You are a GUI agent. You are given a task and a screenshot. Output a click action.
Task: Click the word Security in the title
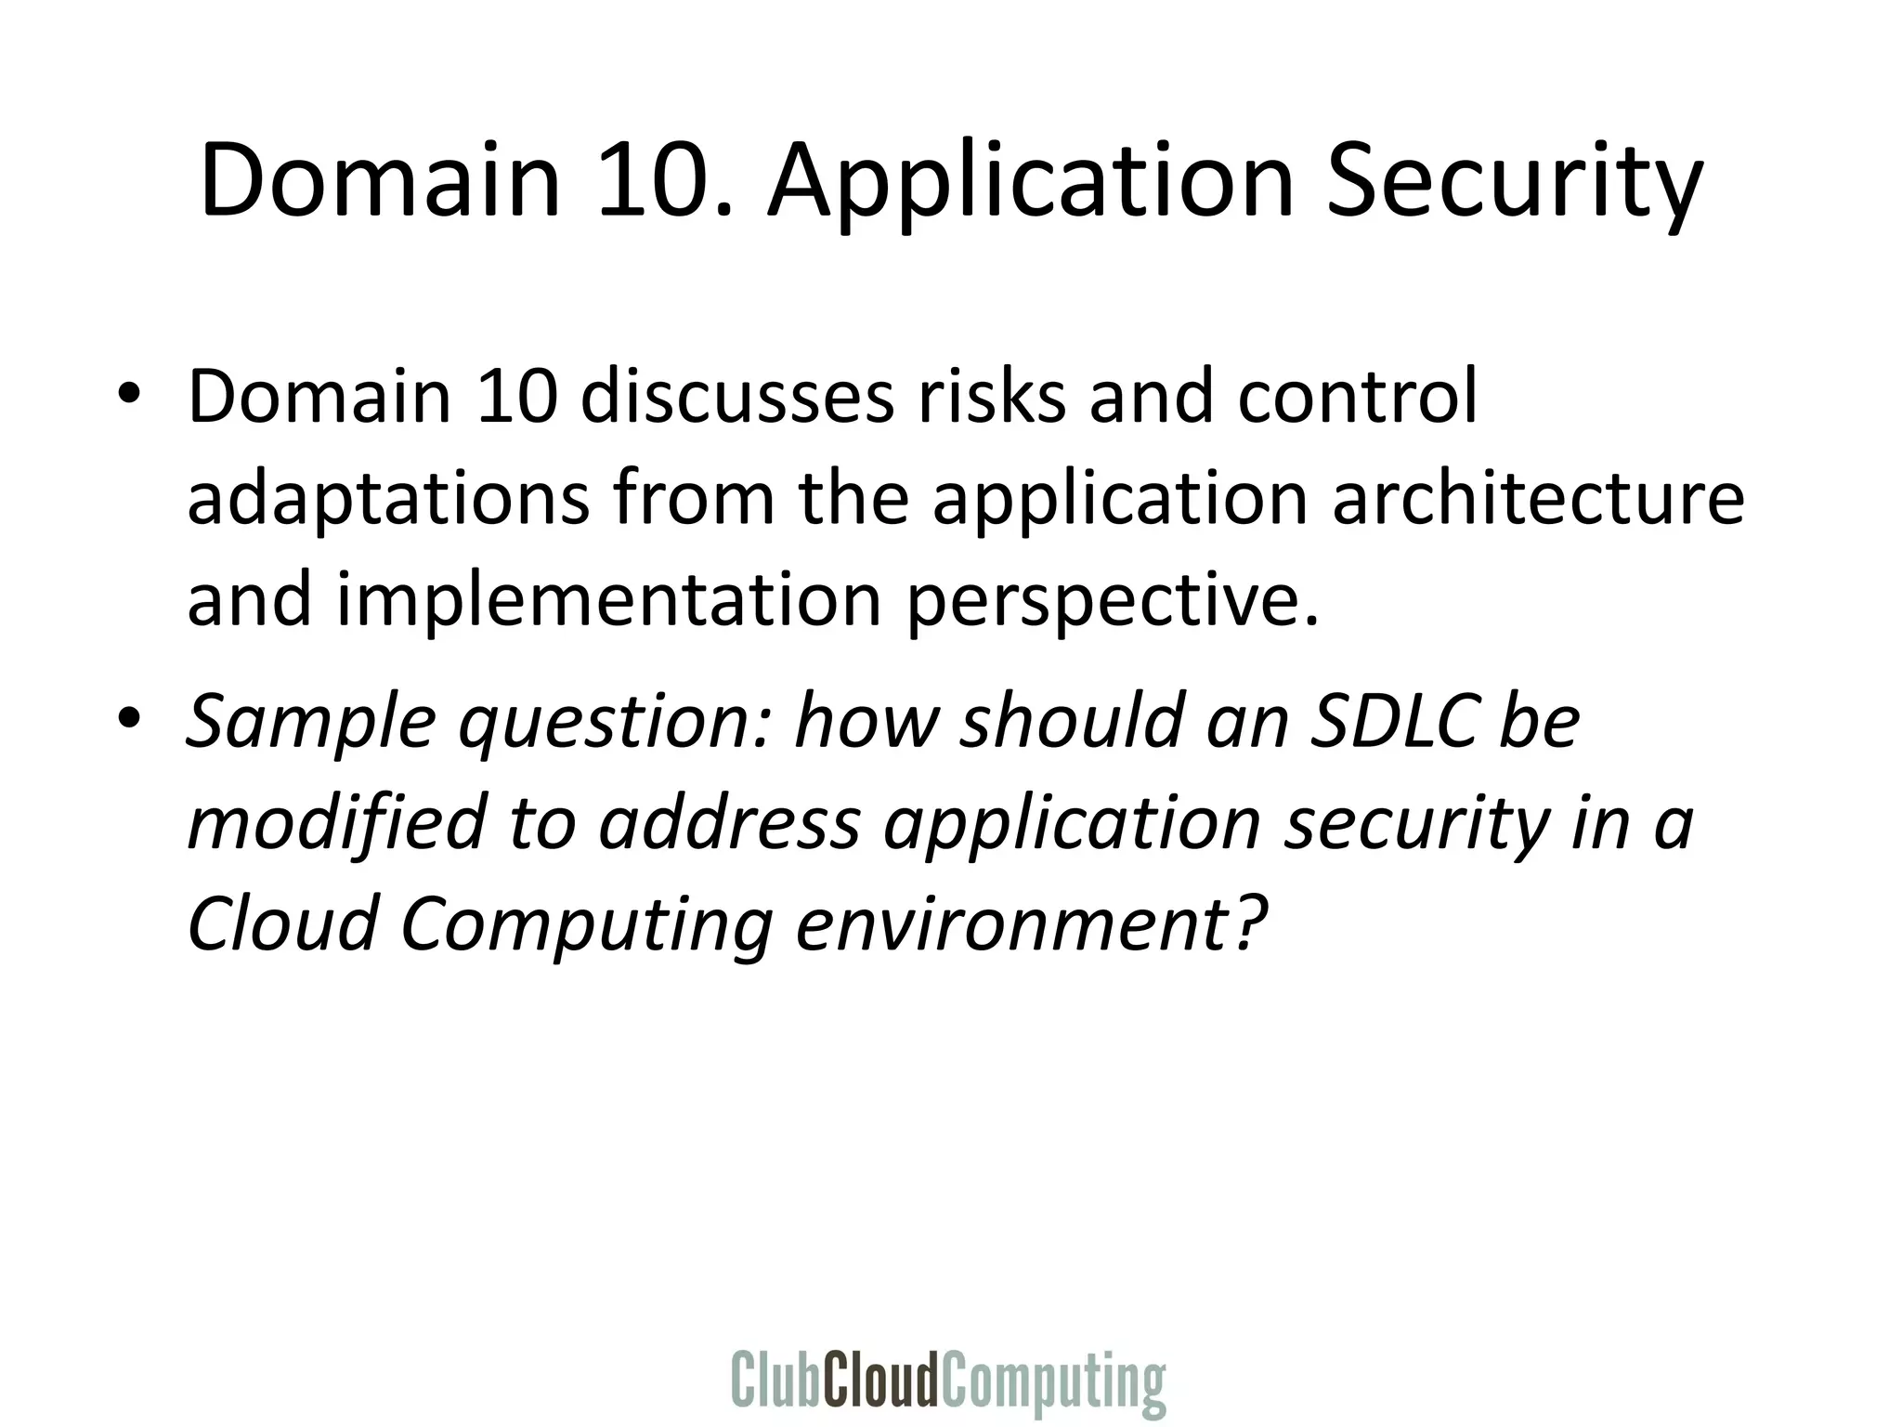coord(1514,181)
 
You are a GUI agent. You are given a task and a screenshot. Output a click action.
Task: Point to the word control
coord(1357,398)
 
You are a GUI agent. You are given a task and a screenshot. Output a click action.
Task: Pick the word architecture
coord(1538,498)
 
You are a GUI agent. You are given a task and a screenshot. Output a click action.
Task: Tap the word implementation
coord(608,601)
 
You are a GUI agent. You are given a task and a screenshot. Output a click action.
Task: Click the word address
coord(730,823)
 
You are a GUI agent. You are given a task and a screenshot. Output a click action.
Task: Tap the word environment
coord(1016,925)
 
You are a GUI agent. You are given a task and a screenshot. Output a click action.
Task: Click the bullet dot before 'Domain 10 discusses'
coord(129,398)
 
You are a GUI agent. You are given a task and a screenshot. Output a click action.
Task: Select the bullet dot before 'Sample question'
coord(129,721)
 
